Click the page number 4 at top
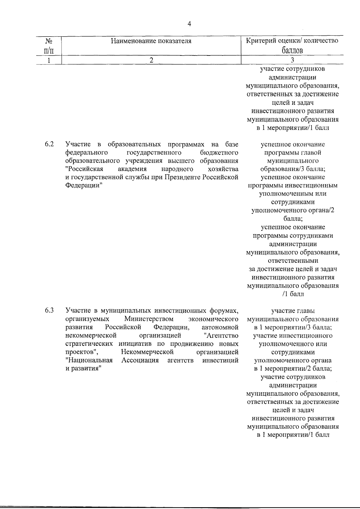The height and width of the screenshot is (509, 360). coord(189,24)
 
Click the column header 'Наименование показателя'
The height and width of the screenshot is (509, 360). coord(151,41)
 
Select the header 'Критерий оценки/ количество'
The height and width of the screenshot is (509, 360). coord(292,41)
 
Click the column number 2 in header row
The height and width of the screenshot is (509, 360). coord(151,60)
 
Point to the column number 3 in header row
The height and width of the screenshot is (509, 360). coord(292,60)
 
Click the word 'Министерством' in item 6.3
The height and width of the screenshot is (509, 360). coord(149,319)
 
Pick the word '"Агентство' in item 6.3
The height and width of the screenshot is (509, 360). coord(220,335)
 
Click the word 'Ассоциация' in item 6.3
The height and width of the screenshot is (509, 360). coord(140,360)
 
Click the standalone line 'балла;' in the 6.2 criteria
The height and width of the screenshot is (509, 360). coord(293,219)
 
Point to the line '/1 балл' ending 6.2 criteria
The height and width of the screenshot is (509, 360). coord(293,294)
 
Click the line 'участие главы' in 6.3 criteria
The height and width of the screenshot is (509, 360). coord(293,311)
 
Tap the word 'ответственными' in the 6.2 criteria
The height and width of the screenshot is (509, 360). coord(293,261)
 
